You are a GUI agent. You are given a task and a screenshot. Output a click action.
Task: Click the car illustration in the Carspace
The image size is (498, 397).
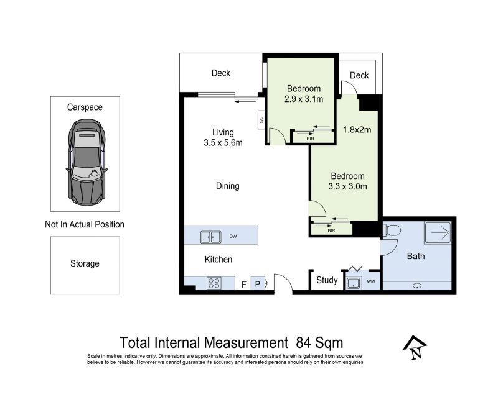tap(87, 162)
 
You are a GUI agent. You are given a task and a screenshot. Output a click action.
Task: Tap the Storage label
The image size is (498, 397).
tap(85, 263)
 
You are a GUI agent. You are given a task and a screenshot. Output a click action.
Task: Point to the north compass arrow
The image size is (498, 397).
tap(415, 347)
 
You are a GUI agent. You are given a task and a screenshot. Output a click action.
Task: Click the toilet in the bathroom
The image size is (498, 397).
tap(393, 230)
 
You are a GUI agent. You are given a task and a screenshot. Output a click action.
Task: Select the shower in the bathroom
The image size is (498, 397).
tap(438, 233)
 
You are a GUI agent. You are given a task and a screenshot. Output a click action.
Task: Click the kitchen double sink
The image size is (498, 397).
tap(210, 237)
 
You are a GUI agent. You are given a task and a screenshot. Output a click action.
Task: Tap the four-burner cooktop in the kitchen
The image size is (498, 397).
tap(214, 283)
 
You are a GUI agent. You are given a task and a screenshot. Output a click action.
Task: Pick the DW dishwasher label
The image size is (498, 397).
tap(233, 236)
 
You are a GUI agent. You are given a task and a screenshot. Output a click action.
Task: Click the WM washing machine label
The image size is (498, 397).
tap(370, 281)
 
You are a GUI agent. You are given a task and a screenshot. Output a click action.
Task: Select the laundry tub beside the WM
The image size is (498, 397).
tap(353, 283)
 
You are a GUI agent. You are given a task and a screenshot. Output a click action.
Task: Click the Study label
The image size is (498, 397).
tap(327, 280)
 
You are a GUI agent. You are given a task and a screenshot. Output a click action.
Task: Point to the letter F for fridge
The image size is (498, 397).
tap(244, 285)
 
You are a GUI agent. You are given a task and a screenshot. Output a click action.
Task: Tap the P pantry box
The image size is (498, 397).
tap(258, 283)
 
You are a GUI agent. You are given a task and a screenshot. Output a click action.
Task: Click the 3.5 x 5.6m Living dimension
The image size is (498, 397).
tap(223, 143)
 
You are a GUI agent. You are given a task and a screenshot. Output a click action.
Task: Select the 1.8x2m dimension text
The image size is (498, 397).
tap(357, 130)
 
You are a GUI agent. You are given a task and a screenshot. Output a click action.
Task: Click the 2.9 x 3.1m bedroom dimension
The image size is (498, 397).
tap(304, 99)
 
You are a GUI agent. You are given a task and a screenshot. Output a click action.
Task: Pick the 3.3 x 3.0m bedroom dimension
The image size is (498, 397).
tap(347, 186)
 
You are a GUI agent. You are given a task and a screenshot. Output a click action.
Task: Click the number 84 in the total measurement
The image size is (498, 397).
tap(303, 343)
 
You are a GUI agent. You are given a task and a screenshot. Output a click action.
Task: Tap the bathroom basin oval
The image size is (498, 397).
tap(417, 286)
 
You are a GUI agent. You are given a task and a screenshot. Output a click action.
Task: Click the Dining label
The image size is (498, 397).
tap(227, 186)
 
